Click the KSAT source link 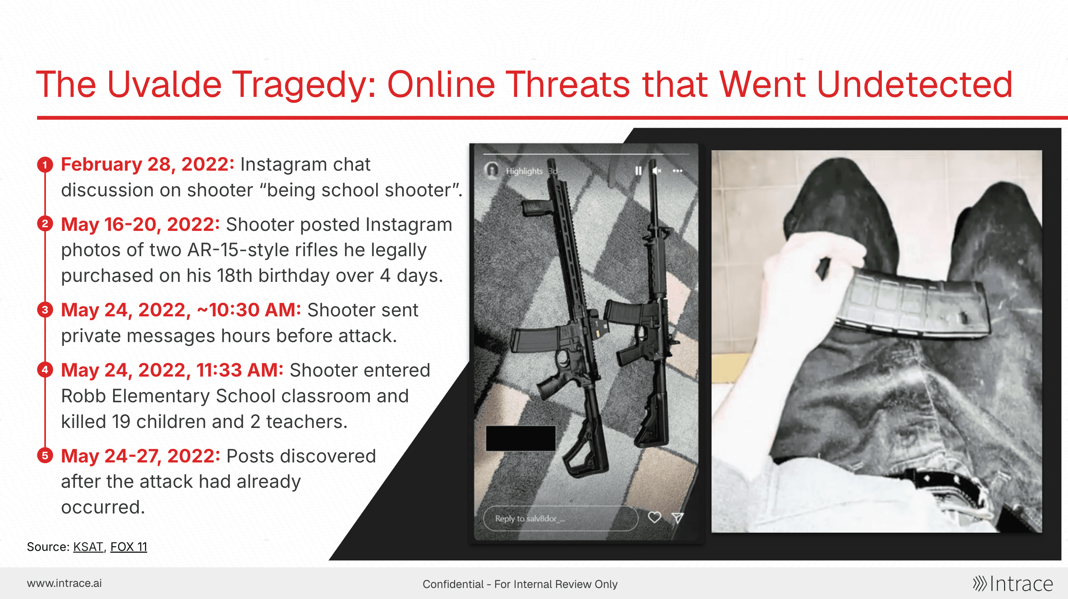[88, 547]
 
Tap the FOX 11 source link [129, 547]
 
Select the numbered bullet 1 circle [45, 164]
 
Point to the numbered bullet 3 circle [45, 310]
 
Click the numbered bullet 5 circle [45, 455]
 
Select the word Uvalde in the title [165, 84]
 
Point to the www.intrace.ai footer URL [64, 583]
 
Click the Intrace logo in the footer [1013, 584]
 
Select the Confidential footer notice [520, 584]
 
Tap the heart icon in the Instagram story [654, 518]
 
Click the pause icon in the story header [638, 171]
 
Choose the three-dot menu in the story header [678, 171]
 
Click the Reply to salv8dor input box [560, 518]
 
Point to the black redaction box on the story [521, 438]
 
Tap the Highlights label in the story [524, 171]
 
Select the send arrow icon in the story [678, 518]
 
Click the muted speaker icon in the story [657, 171]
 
